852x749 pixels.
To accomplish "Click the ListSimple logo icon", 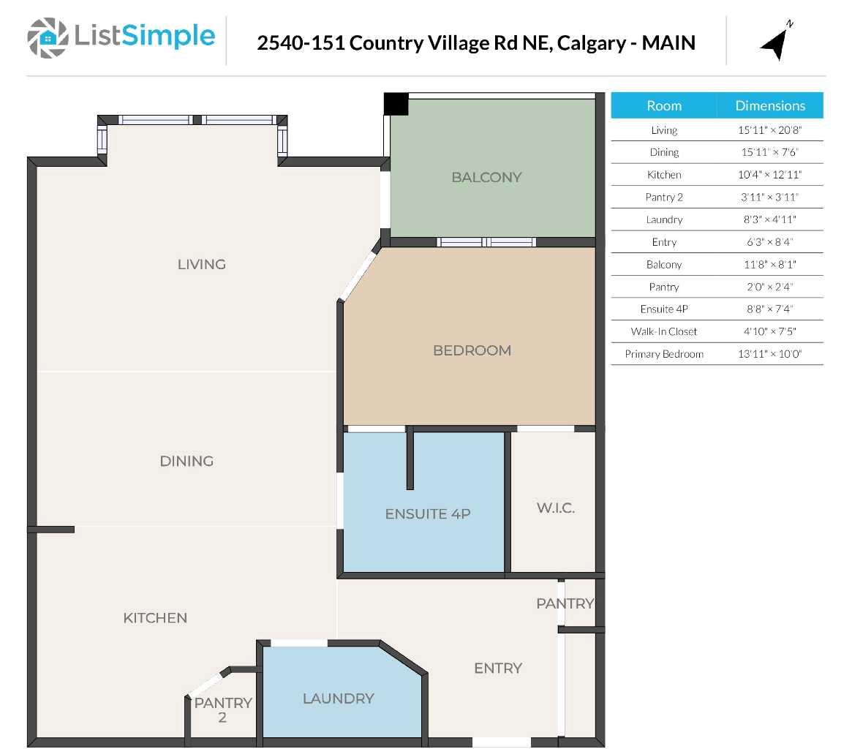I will coord(48,38).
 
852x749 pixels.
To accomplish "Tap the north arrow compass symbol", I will coord(775,42).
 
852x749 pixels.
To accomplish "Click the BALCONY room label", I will coord(486,177).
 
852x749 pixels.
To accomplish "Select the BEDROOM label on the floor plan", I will coord(472,350).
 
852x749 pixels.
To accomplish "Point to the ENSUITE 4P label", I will coord(427,514).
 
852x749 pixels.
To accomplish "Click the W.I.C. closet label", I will coord(555,508).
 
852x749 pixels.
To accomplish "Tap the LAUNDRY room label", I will coord(338,699).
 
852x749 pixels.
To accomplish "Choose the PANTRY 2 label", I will coord(222,710).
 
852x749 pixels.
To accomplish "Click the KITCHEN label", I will coord(155,618).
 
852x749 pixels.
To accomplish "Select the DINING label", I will coord(186,461).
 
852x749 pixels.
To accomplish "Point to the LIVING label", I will coord(201,264).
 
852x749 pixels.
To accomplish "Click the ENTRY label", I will coord(497,668).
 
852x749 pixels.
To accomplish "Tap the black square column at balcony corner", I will coord(396,104).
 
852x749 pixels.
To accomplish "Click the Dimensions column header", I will coord(769,105).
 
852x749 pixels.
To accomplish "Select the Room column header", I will coord(663,105).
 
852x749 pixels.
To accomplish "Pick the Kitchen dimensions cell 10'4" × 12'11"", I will coord(769,175).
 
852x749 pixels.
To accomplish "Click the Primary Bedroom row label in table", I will coord(663,354).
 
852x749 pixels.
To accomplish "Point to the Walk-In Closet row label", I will coord(663,331).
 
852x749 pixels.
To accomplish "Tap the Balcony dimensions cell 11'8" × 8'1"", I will coord(769,265).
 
